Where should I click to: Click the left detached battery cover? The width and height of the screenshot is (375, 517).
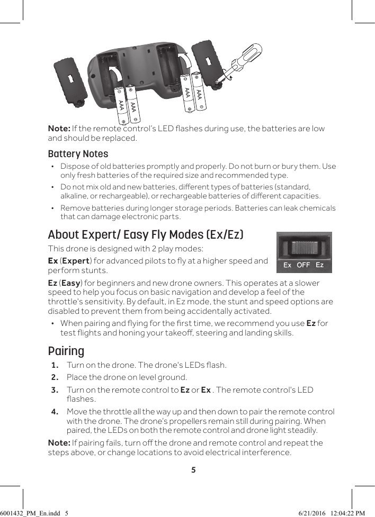tap(71, 80)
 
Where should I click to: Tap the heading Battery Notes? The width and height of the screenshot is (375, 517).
tap(78, 154)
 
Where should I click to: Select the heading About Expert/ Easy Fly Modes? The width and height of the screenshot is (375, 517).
tap(146, 234)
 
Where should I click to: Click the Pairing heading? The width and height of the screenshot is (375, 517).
tap(66, 351)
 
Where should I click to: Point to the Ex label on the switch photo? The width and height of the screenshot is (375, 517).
tap(288, 265)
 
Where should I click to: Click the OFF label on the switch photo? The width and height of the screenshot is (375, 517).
tap(303, 265)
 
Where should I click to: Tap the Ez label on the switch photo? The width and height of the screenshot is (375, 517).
tap(320, 265)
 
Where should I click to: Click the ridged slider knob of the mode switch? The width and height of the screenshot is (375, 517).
tap(304, 249)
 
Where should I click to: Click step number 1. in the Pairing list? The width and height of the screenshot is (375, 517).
tap(55, 365)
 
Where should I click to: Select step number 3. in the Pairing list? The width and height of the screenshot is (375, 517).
tap(55, 390)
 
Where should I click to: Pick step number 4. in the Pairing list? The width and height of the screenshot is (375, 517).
tap(55, 412)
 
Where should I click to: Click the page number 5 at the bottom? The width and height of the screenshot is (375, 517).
tap(193, 469)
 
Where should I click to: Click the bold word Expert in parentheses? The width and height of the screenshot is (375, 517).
tap(76, 261)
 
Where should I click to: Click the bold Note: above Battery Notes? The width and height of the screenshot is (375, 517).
tap(59, 129)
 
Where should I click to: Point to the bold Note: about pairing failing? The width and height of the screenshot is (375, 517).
tap(59, 442)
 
